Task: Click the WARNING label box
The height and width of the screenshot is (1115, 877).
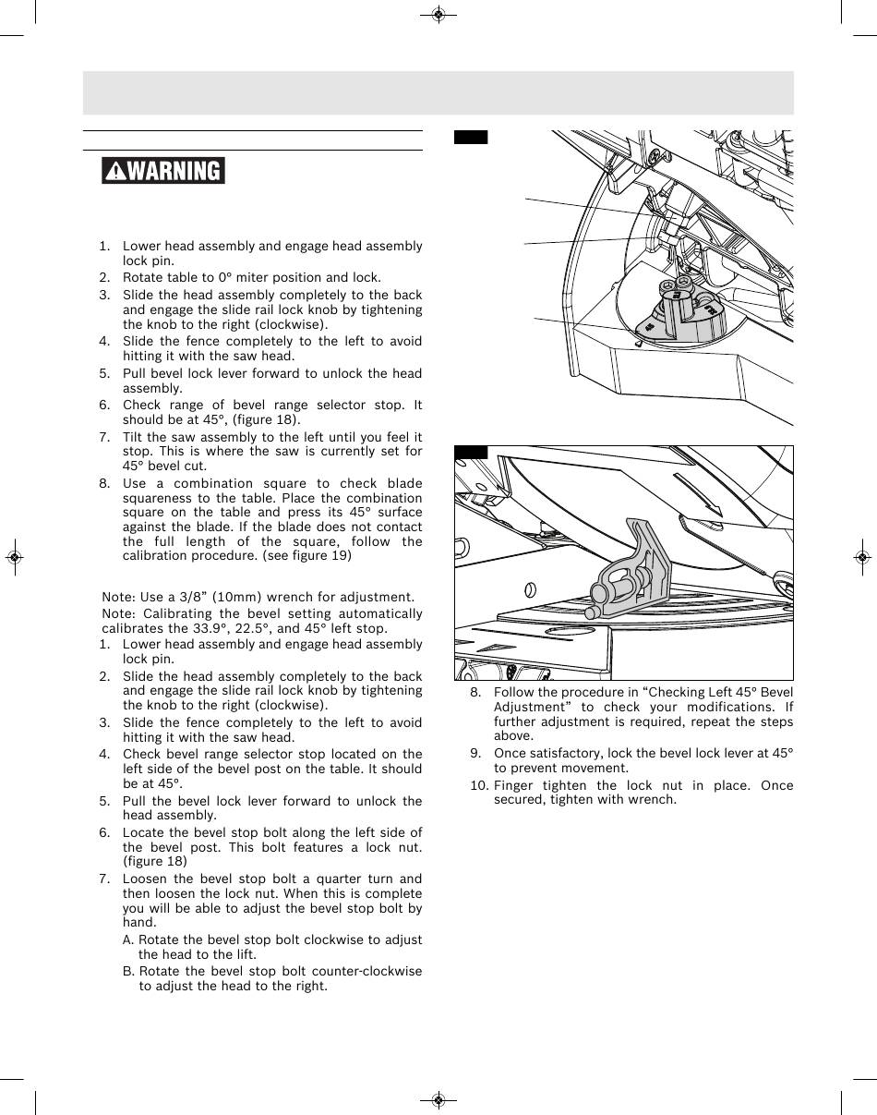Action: (x=164, y=171)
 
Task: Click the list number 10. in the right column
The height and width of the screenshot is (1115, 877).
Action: (x=479, y=785)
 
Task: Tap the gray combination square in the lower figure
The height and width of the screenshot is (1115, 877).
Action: (x=628, y=577)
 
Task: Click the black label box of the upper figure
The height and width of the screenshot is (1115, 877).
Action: (x=470, y=138)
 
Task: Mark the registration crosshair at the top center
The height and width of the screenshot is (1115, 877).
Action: (x=438, y=15)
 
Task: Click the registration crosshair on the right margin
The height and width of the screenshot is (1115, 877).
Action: (x=860, y=558)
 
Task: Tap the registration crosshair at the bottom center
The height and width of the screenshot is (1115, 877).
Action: (x=438, y=1100)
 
